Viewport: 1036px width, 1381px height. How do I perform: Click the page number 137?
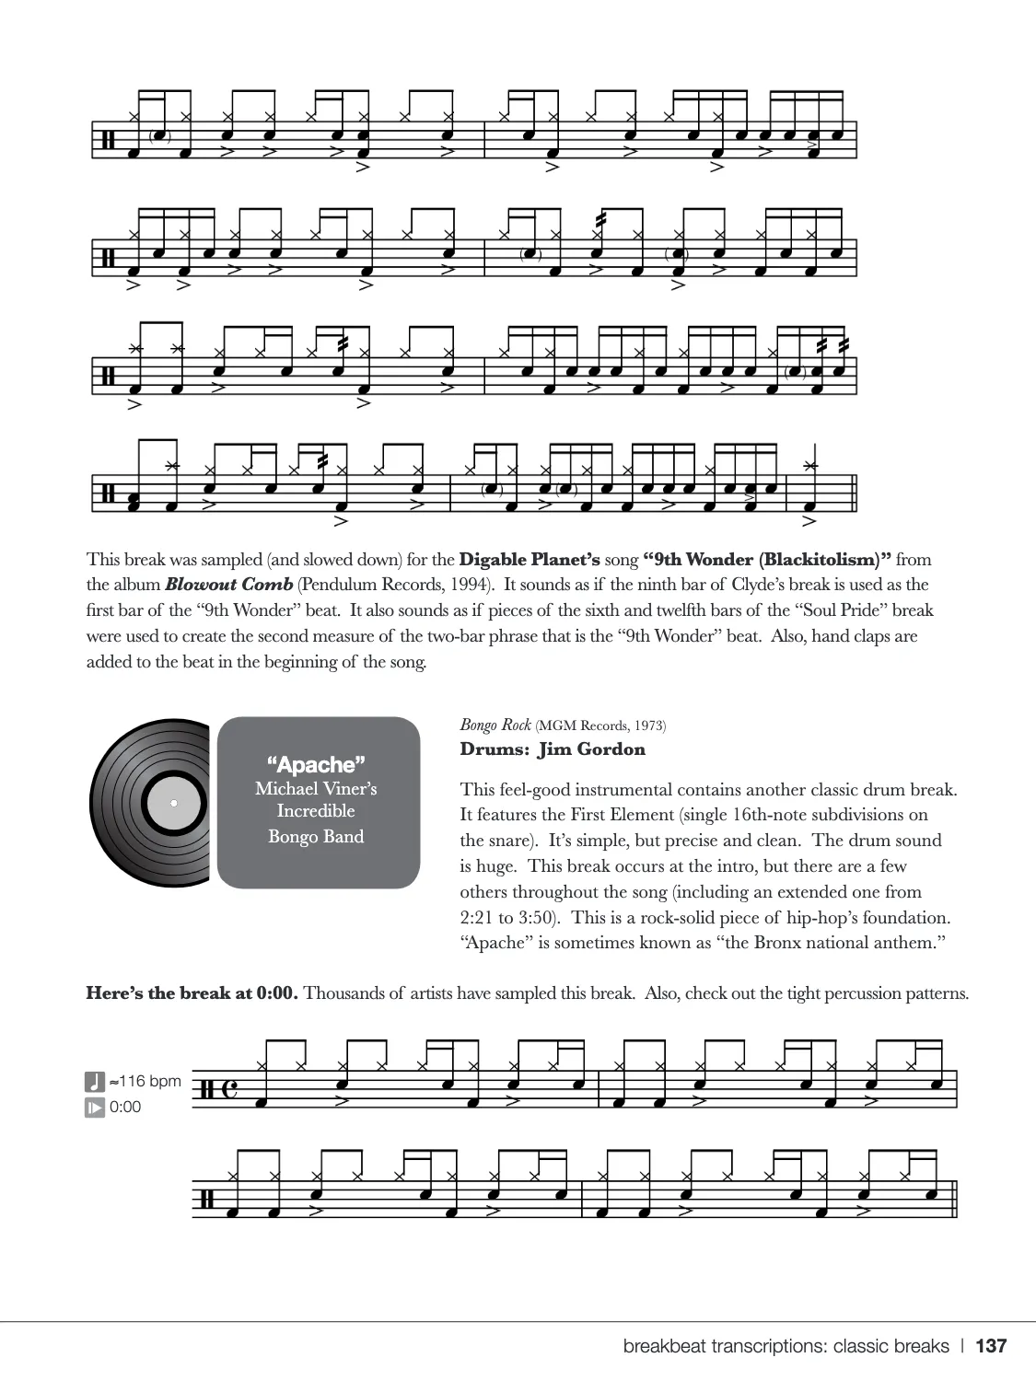[x=991, y=1346]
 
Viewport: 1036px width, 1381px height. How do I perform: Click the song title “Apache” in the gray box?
[x=316, y=764]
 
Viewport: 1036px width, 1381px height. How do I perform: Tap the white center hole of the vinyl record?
[x=173, y=803]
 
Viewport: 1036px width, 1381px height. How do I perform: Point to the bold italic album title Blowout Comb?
[x=228, y=585]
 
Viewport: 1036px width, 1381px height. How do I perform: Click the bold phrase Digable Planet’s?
[x=530, y=559]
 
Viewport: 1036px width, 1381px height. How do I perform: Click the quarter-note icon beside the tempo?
[x=95, y=1081]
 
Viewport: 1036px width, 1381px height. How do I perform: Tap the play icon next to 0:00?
[x=95, y=1107]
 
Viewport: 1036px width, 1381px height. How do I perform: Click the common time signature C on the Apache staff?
[x=229, y=1091]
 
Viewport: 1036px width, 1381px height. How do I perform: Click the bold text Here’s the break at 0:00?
[x=192, y=993]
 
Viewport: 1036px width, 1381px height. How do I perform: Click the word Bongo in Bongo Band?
[x=292, y=836]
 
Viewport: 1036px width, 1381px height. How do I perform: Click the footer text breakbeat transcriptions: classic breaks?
[x=786, y=1346]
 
